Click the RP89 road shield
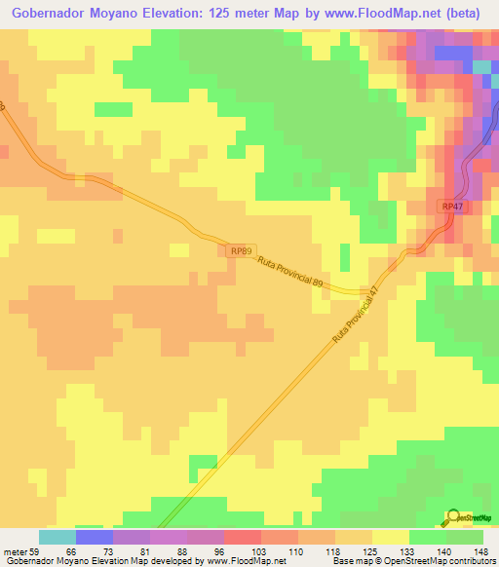coord(242,251)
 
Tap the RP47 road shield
coord(451,208)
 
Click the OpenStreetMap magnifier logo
coord(454,517)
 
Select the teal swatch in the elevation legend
coord(58,537)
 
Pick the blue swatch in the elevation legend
coord(95,537)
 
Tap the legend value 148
coord(480,550)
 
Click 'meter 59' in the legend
coord(21,550)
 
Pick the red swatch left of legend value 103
coord(243,537)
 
